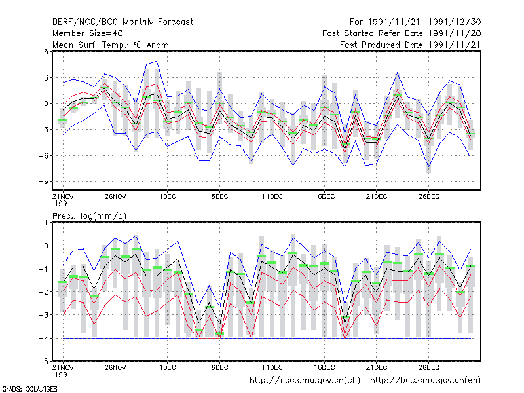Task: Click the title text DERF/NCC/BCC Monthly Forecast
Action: point(122,22)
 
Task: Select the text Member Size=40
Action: point(88,33)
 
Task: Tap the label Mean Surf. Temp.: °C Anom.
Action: point(112,45)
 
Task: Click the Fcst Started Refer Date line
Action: point(402,33)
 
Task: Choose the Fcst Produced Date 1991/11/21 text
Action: point(411,45)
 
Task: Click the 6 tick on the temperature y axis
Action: point(46,52)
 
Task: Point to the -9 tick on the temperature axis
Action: point(43,182)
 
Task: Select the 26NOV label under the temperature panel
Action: point(115,196)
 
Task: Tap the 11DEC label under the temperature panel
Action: point(272,196)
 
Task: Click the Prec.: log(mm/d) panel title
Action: point(89,216)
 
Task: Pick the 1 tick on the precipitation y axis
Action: point(46,223)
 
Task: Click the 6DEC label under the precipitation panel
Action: point(219,367)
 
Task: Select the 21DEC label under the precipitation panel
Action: point(376,367)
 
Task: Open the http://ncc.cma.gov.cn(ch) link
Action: point(305,381)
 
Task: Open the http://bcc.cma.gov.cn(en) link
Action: point(425,381)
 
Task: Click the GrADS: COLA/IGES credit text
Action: point(29,389)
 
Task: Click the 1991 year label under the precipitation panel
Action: point(62,375)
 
